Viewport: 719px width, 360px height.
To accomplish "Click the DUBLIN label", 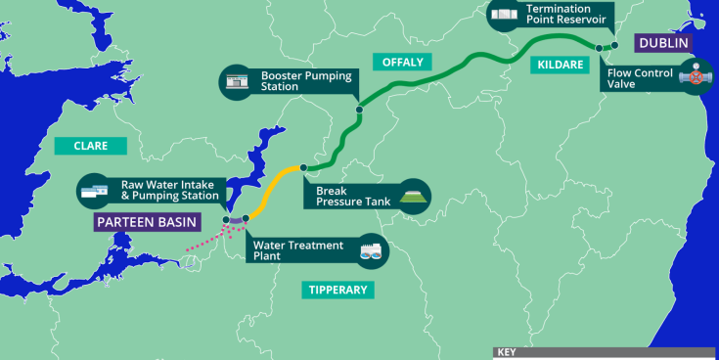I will (663, 43).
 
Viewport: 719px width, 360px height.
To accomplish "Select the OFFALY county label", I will (401, 62).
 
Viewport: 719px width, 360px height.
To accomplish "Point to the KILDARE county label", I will (561, 66).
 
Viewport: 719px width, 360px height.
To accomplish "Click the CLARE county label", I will (90, 147).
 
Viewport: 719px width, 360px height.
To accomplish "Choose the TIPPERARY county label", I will (337, 290).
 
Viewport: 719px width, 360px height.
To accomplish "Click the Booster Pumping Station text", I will (294, 80).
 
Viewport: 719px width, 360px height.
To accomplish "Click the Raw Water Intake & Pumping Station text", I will (172, 190).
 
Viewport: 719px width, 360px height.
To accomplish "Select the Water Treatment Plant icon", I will (372, 251).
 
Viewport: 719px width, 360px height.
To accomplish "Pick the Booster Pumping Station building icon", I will (237, 81).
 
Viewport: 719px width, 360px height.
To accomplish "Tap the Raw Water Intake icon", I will (95, 191).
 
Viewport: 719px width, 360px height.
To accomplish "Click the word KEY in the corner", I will (506, 353).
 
